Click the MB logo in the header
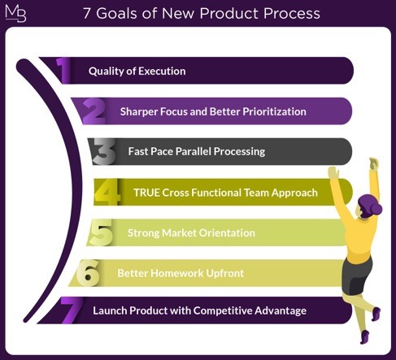[15, 13]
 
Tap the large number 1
[63, 70]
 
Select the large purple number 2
[94, 111]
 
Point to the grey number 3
[104, 151]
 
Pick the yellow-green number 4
[107, 192]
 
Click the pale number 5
[101, 232]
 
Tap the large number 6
[88, 273]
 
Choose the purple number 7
[72, 310]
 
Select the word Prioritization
[274, 111]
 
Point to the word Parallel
[194, 151]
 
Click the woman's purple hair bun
[376, 209]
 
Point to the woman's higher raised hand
[374, 163]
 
